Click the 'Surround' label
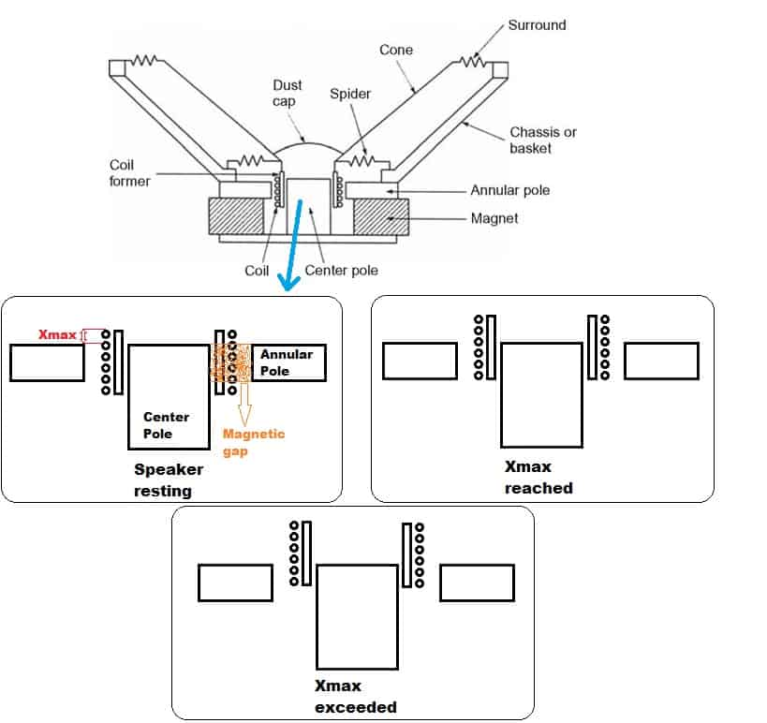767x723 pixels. (537, 25)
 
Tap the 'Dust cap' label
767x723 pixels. (288, 93)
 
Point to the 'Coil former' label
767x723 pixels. (129, 172)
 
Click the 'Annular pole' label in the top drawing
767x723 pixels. (509, 190)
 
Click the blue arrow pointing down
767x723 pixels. (294, 243)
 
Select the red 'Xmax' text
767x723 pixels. (57, 334)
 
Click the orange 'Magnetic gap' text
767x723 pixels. (253, 442)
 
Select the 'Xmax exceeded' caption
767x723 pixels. (356, 697)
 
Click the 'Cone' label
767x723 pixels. (396, 50)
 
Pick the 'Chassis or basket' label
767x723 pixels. (543, 140)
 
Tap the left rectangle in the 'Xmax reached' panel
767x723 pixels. (420, 361)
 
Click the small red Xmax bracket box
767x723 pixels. (93, 335)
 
